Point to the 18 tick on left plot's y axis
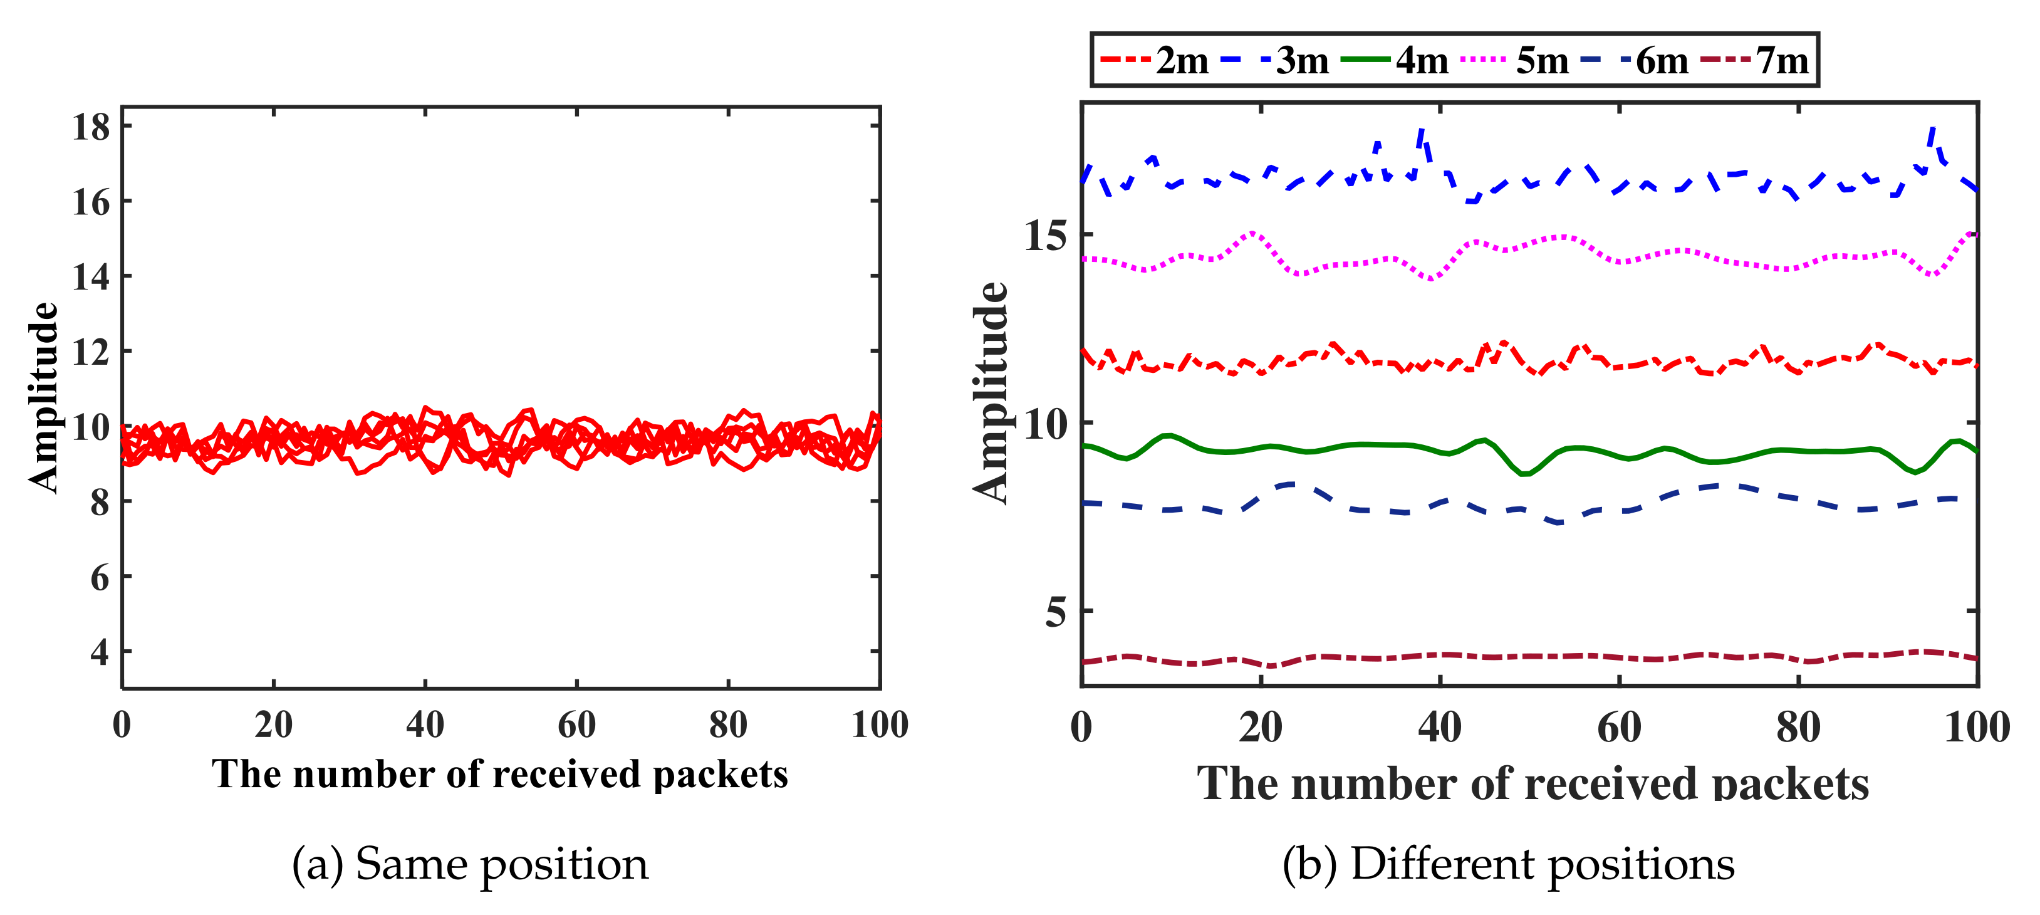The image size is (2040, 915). (x=91, y=127)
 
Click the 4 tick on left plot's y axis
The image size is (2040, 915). (x=100, y=652)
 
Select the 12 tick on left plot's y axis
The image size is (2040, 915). (x=91, y=352)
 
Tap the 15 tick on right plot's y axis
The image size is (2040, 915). (x=1045, y=235)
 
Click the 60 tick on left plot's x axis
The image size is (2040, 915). (x=576, y=724)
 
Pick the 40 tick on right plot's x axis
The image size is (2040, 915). (x=1440, y=727)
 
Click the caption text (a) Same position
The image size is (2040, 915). (x=470, y=864)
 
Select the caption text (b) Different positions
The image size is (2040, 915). (x=1509, y=864)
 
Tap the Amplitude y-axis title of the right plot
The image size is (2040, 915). (x=990, y=392)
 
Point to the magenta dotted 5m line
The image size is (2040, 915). (x=1346, y=262)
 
